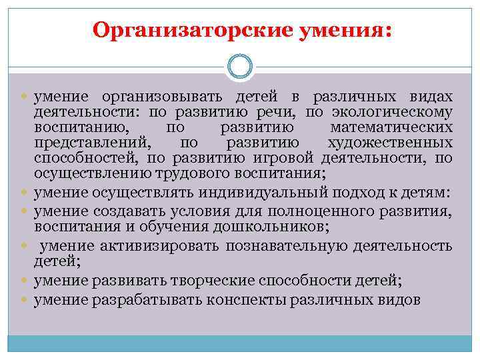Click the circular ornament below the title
(239, 67)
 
